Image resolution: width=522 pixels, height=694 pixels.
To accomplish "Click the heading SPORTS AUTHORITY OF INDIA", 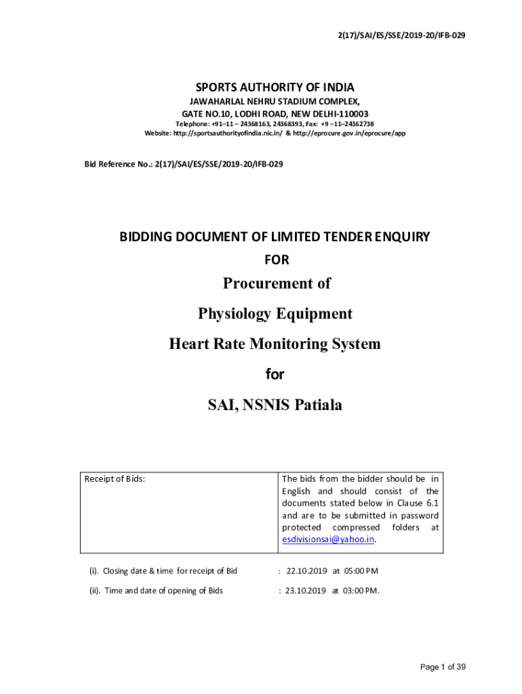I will [x=275, y=87].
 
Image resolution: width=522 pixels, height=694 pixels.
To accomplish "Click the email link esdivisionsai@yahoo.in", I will [x=328, y=539].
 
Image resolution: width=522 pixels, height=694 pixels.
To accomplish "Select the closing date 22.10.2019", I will [x=306, y=571].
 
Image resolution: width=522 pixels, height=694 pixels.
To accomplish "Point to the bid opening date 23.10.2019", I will [x=306, y=590].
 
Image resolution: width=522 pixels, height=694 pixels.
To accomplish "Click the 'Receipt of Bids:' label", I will [x=115, y=480].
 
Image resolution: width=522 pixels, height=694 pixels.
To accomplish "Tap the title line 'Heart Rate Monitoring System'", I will [x=275, y=344].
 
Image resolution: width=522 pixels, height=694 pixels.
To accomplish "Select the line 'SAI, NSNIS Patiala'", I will [x=275, y=405].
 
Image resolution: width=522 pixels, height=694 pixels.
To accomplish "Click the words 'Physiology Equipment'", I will [x=275, y=313].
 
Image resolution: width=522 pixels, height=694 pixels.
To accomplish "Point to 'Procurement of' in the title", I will [x=275, y=283].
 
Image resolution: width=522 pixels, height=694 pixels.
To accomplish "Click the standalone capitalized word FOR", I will [x=275, y=259].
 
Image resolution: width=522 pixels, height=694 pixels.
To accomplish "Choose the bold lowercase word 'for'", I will [x=275, y=374].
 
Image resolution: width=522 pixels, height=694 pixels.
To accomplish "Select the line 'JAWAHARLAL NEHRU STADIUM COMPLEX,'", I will [x=275, y=102].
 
